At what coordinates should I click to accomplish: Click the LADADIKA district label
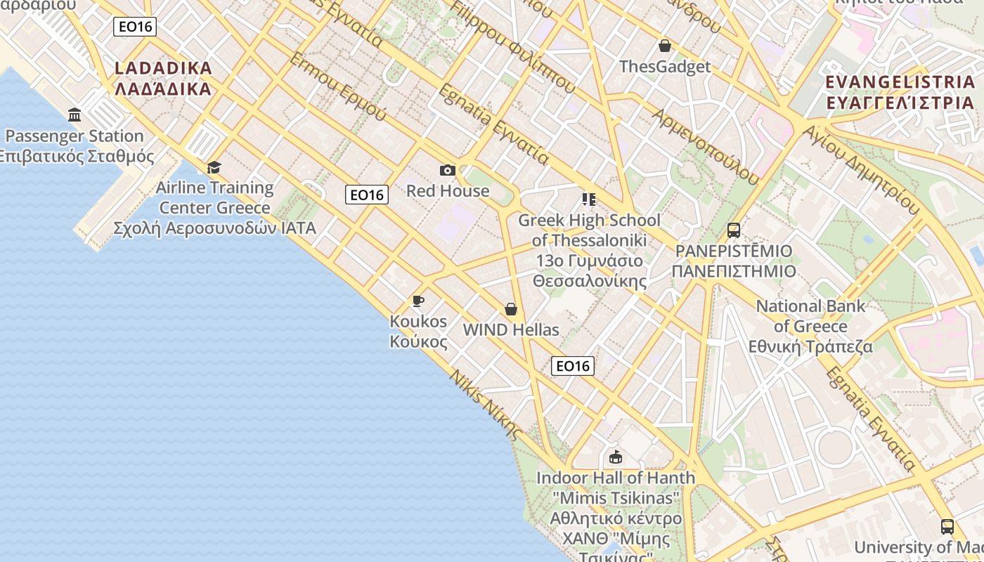pyautogui.click(x=162, y=78)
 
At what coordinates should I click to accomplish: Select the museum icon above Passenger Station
pyautogui.click(x=75, y=115)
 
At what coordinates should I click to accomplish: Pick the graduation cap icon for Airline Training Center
pyautogui.click(x=214, y=166)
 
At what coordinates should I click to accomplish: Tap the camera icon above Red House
pyautogui.click(x=447, y=170)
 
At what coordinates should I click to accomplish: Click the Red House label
pyautogui.click(x=448, y=190)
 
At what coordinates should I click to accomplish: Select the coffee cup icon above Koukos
pyautogui.click(x=418, y=301)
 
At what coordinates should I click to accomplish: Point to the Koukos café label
pyautogui.click(x=418, y=331)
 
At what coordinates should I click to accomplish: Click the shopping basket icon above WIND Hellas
pyautogui.click(x=511, y=309)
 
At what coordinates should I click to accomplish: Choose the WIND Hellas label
pyautogui.click(x=511, y=329)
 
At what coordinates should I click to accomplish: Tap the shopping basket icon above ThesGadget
pyautogui.click(x=665, y=46)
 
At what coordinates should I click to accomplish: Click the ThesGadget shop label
pyautogui.click(x=665, y=67)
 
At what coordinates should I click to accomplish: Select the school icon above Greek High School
pyautogui.click(x=589, y=200)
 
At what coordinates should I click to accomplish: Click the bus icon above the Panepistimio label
pyautogui.click(x=734, y=230)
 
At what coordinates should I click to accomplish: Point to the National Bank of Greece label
pyautogui.click(x=810, y=326)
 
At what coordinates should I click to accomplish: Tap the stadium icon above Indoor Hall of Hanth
pyautogui.click(x=616, y=457)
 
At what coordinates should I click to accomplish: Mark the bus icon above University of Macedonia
pyautogui.click(x=947, y=526)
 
